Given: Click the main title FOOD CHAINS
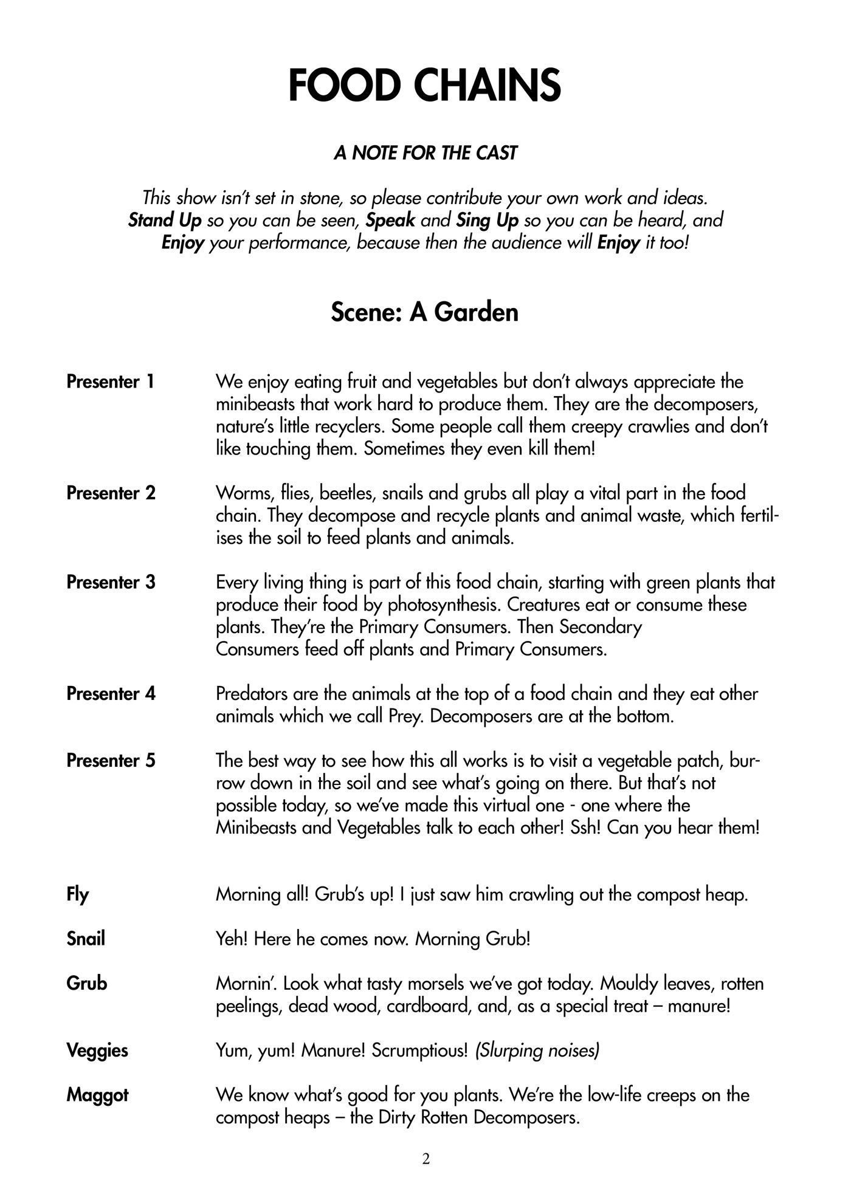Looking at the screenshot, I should click(424, 86).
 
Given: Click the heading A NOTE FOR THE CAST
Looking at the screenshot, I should click(425, 153).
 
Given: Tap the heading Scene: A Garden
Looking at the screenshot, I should click(424, 312).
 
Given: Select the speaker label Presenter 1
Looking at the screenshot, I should click(111, 382).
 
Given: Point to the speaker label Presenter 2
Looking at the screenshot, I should click(111, 493).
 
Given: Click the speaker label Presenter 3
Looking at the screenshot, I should click(111, 582).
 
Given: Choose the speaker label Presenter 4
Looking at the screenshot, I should click(111, 693).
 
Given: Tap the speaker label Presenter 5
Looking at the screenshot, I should click(111, 760).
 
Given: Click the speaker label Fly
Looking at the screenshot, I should click(78, 894).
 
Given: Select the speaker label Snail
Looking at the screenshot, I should click(86, 939).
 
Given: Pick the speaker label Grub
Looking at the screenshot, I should click(87, 983).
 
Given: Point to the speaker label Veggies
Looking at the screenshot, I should click(97, 1050).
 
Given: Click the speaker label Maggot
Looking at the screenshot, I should click(97, 1095).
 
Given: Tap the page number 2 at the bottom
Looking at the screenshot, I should click(425, 1159).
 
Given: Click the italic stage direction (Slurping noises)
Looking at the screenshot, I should click(537, 1050).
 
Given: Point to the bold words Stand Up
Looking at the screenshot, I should click(164, 220).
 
